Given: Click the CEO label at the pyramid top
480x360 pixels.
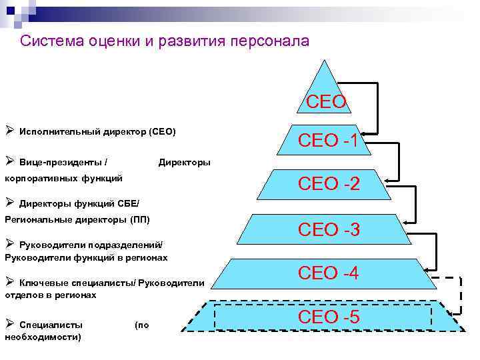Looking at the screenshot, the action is click(326, 102).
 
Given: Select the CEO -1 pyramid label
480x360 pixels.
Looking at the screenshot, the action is click(329, 141).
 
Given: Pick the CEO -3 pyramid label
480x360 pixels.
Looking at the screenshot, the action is click(329, 230).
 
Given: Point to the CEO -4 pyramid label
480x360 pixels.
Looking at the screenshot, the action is click(329, 273).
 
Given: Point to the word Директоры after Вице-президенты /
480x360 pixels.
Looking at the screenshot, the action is click(184, 162).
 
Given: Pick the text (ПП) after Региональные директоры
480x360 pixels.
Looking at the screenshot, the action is click(140, 219).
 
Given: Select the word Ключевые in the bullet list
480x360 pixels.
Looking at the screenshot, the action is click(43, 283).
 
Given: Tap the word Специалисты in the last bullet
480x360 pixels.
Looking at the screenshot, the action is click(51, 325).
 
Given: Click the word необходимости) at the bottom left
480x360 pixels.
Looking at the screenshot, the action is click(43, 337).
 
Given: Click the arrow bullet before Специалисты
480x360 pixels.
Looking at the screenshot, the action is click(9, 324).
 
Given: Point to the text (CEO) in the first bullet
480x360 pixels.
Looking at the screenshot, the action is click(162, 131).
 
